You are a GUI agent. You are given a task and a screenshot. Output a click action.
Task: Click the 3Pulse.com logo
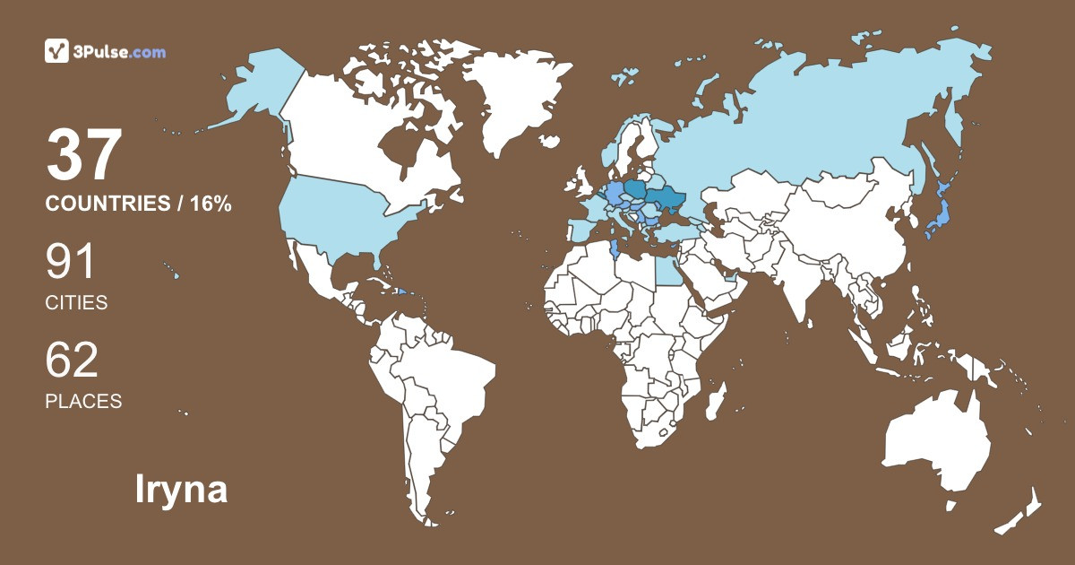click(105, 52)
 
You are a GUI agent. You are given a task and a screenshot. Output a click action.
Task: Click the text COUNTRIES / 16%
click(139, 204)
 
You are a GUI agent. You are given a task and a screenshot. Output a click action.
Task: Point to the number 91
click(71, 262)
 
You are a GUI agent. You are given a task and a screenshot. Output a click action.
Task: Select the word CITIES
click(76, 303)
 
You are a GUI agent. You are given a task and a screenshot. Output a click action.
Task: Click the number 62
click(72, 360)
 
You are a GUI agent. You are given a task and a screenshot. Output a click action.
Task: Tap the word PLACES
click(83, 401)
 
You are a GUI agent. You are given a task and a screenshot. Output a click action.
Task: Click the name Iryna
click(181, 490)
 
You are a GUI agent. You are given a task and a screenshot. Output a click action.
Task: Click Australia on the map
click(936, 444)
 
